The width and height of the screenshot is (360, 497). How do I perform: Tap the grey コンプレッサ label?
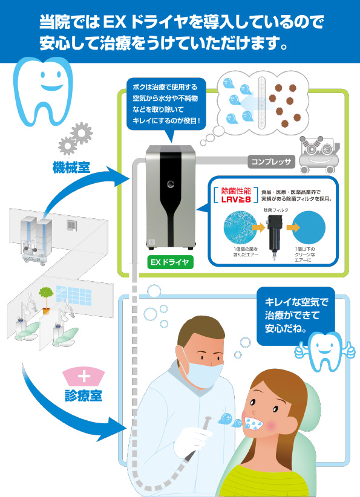point(271,161)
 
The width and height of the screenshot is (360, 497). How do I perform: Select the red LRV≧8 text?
point(236,199)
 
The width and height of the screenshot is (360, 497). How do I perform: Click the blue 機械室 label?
point(71,167)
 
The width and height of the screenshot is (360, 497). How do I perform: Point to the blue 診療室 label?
point(83,395)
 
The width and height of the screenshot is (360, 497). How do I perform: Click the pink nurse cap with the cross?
point(83,377)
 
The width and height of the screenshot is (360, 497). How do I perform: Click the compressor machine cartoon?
point(318,155)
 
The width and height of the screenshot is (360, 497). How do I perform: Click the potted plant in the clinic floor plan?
point(46,300)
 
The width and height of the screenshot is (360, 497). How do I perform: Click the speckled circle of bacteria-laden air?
point(240,227)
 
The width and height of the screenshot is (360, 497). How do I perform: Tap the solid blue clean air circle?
point(309,227)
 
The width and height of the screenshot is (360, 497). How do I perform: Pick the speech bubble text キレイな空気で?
point(296,302)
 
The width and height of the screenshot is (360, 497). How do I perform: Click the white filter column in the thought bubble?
point(261,103)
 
